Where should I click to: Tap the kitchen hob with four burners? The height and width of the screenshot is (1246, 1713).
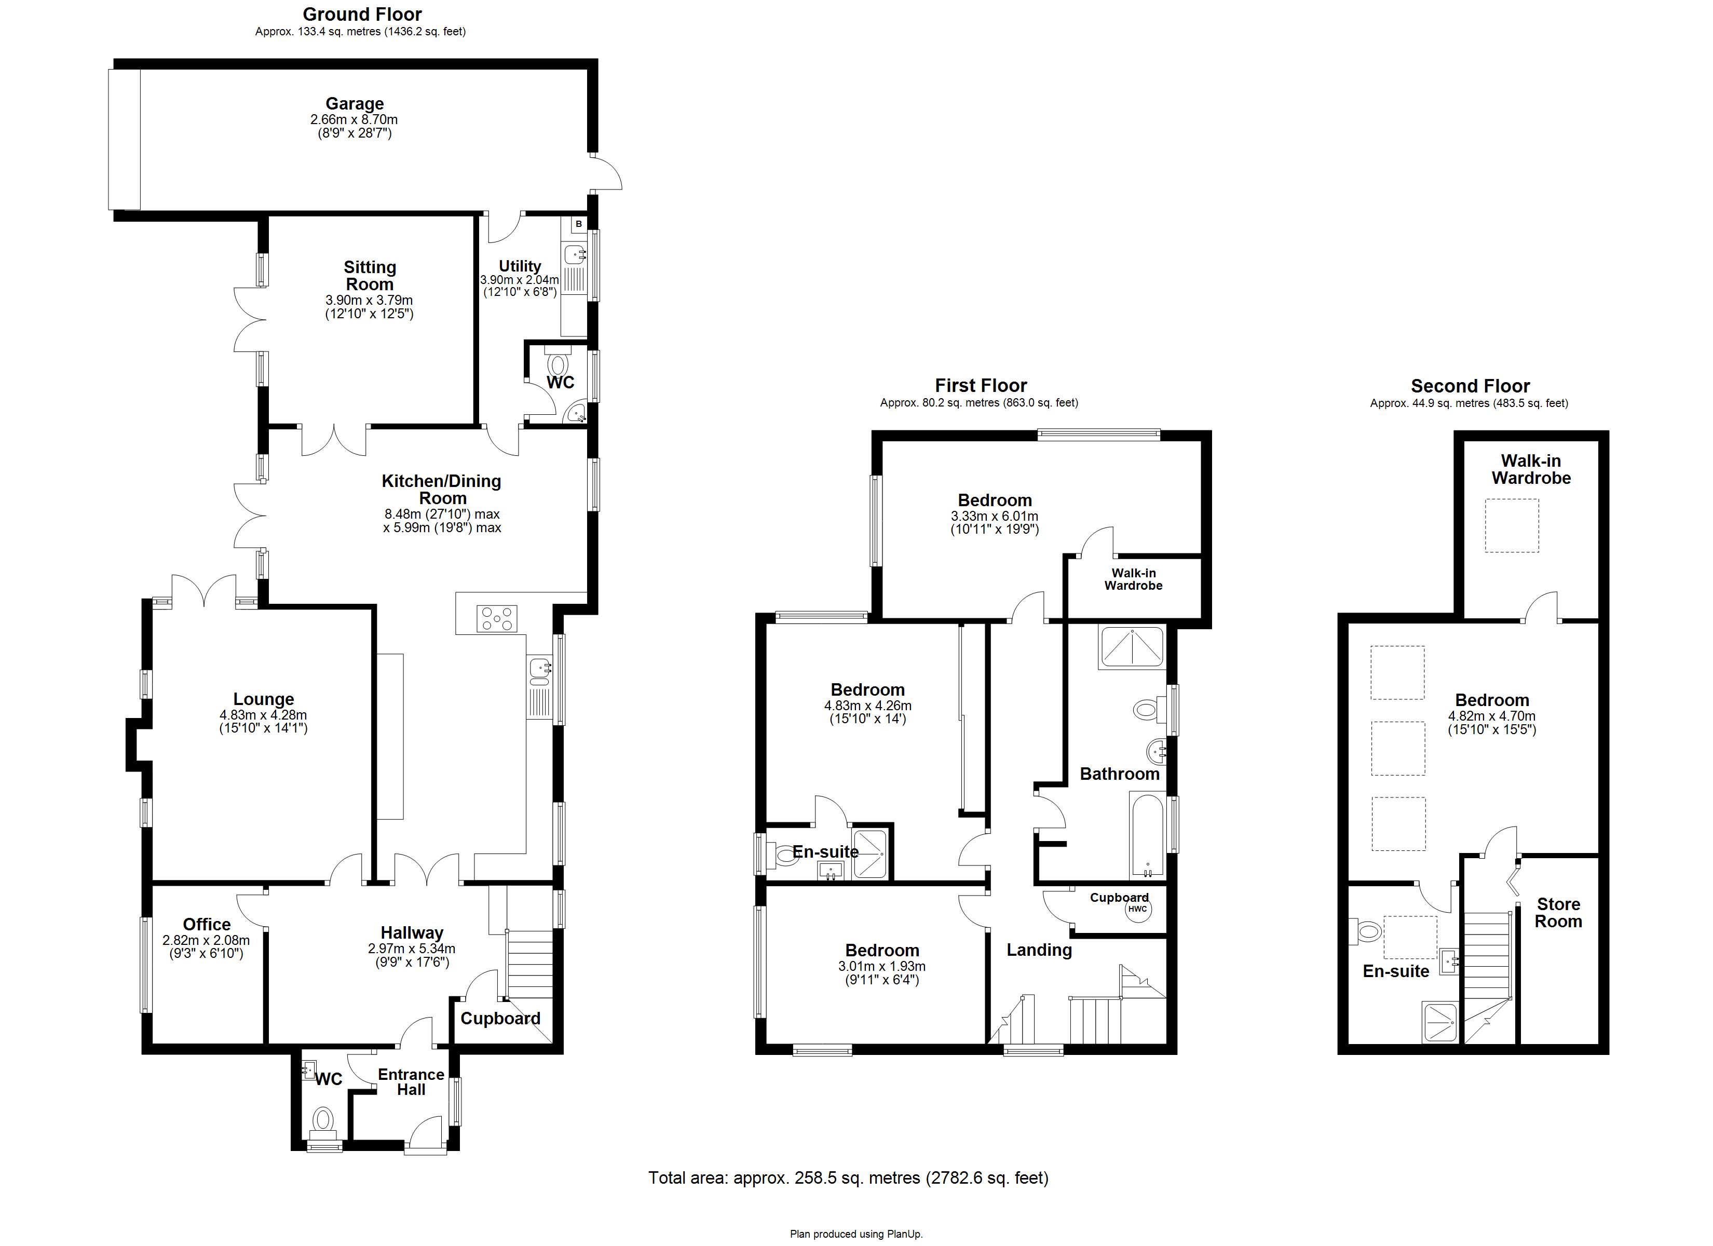(497, 619)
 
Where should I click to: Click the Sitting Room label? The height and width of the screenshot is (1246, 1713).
(370, 276)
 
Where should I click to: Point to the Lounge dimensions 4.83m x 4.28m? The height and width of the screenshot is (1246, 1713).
(263, 715)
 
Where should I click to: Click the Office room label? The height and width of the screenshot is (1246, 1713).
(206, 924)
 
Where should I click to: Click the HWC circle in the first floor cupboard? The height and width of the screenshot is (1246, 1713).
(1137, 909)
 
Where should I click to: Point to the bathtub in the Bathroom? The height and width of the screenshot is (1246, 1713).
(1148, 835)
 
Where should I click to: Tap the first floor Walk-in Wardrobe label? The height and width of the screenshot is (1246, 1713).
(1133, 579)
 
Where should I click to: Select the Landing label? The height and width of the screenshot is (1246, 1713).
(1039, 950)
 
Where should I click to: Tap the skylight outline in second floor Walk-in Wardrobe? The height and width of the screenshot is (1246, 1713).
(1512, 525)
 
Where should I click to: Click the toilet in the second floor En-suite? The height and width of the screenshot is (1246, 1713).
(1367, 931)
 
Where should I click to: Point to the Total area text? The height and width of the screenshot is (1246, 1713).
(848, 1177)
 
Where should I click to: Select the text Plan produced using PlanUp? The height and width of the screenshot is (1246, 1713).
(856, 1234)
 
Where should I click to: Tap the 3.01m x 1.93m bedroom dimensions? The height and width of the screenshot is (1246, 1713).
(881, 966)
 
